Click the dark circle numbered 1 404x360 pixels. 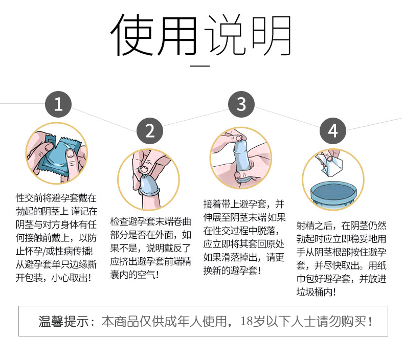point(58,105)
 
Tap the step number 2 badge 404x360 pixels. point(150,131)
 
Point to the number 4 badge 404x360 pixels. point(333,131)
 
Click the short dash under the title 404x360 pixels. point(200,66)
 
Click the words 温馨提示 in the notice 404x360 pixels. point(61,322)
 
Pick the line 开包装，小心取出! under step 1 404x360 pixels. point(53,278)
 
